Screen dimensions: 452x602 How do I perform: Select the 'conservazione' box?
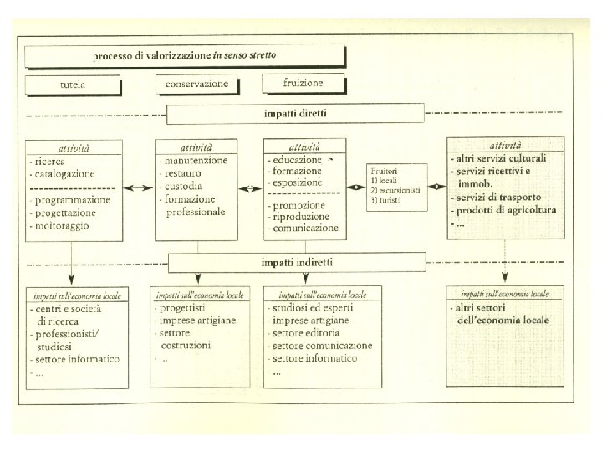click(x=196, y=85)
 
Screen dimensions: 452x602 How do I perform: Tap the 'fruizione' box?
click(x=303, y=83)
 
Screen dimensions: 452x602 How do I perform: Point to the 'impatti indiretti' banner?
click(x=297, y=262)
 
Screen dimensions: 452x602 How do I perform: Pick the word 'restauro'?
click(x=185, y=173)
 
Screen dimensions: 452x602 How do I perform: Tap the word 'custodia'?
click(x=185, y=187)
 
